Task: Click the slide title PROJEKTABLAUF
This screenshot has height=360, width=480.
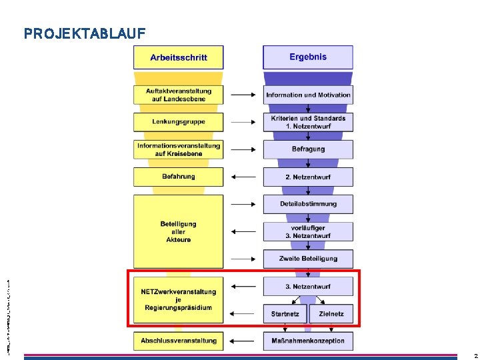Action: click(x=85, y=33)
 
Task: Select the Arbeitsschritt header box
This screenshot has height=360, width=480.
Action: click(x=178, y=57)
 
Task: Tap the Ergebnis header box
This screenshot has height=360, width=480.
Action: click(x=308, y=57)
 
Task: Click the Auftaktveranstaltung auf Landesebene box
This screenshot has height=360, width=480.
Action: click(x=178, y=95)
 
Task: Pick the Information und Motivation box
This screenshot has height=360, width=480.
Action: click(x=308, y=95)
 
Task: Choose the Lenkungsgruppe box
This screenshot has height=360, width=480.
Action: click(x=178, y=122)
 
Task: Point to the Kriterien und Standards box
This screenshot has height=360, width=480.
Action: click(x=308, y=122)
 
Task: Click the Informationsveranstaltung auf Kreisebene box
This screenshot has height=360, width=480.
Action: click(x=178, y=149)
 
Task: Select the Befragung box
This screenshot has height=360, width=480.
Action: click(x=308, y=149)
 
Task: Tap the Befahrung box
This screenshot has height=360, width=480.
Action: click(x=178, y=177)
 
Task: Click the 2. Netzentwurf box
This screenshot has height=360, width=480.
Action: click(x=308, y=177)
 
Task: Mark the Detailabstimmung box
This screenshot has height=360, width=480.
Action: click(x=308, y=204)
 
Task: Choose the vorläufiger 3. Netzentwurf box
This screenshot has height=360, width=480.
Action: click(x=308, y=231)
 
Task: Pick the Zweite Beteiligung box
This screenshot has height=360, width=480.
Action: click(x=308, y=259)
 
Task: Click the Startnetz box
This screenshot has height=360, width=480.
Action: click(x=285, y=313)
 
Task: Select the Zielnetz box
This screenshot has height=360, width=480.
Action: click(x=331, y=313)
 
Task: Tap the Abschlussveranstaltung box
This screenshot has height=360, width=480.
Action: click(x=178, y=341)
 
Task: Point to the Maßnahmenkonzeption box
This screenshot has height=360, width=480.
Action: click(x=308, y=341)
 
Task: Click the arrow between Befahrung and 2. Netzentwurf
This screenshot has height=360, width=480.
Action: click(x=243, y=177)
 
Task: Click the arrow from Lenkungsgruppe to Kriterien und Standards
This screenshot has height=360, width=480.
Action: click(x=243, y=122)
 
